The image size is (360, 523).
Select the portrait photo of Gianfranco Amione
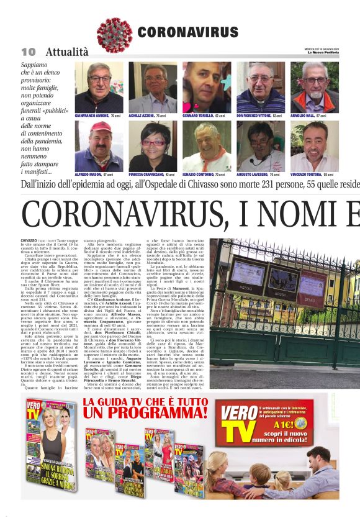tap(99, 86)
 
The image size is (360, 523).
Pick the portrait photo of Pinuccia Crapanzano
tap(153, 145)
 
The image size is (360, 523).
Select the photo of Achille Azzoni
tap(153, 86)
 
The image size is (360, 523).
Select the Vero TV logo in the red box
tap(239, 418)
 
